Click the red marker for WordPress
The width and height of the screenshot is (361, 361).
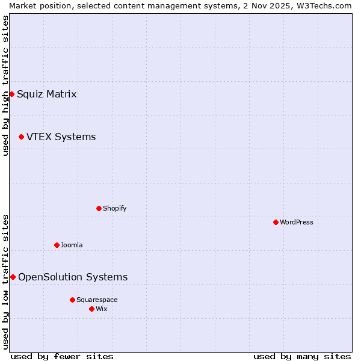click(x=276, y=222)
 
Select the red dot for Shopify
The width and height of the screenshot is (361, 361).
click(x=99, y=208)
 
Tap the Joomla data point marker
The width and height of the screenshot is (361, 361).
click(x=57, y=245)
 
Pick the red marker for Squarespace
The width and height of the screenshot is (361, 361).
click(x=72, y=300)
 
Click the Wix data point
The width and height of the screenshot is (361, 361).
click(x=91, y=309)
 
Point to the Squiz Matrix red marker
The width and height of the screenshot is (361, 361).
click(x=11, y=94)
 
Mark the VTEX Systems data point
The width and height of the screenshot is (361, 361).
click(x=21, y=137)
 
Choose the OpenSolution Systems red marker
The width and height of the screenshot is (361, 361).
click(x=13, y=277)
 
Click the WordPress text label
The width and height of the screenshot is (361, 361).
click(x=296, y=222)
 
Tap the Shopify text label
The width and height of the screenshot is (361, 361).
click(x=114, y=208)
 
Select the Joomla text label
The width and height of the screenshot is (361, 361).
click(x=72, y=245)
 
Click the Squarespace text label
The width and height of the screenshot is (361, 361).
click(x=97, y=300)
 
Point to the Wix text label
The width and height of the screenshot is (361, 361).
click(x=101, y=309)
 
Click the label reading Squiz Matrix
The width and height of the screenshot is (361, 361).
click(x=46, y=94)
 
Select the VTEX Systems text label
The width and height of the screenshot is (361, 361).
click(x=61, y=137)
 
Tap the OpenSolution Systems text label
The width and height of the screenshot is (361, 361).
click(x=73, y=277)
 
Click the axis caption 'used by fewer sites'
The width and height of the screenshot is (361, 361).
click(x=62, y=356)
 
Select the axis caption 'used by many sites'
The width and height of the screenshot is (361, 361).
click(x=302, y=356)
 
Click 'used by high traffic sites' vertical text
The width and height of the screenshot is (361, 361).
click(x=5, y=85)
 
